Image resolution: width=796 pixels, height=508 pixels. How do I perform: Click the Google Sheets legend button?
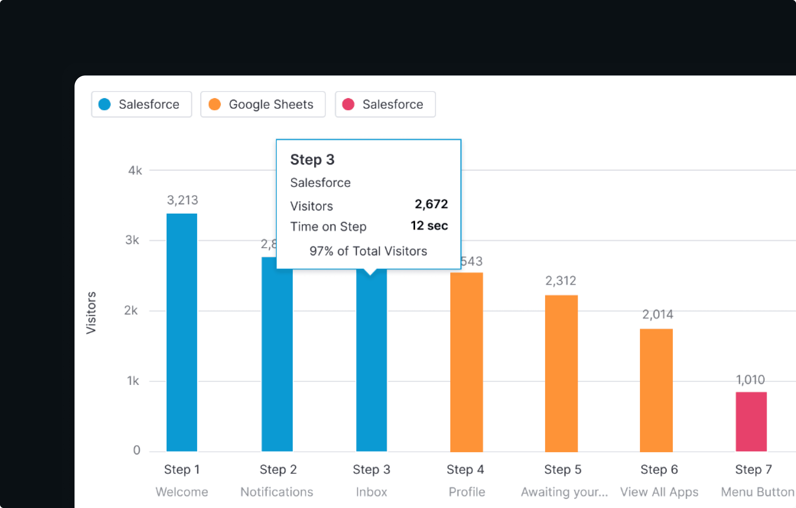(x=263, y=104)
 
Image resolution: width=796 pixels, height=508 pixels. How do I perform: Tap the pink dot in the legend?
(x=348, y=104)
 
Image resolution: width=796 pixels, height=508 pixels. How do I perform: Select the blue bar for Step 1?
(x=182, y=332)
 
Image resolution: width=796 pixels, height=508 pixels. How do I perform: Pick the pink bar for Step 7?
(x=751, y=421)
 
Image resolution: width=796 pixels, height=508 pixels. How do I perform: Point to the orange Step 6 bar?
(x=656, y=390)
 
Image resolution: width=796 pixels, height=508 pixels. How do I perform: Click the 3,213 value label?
(x=182, y=200)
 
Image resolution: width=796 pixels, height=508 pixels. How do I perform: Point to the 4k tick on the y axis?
(x=135, y=171)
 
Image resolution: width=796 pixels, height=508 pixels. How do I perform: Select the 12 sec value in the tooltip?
(x=429, y=226)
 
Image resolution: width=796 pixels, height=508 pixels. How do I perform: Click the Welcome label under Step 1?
(x=182, y=492)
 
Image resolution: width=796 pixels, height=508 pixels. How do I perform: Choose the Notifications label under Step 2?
(x=277, y=492)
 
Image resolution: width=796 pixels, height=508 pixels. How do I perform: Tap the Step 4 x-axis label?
(x=465, y=469)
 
